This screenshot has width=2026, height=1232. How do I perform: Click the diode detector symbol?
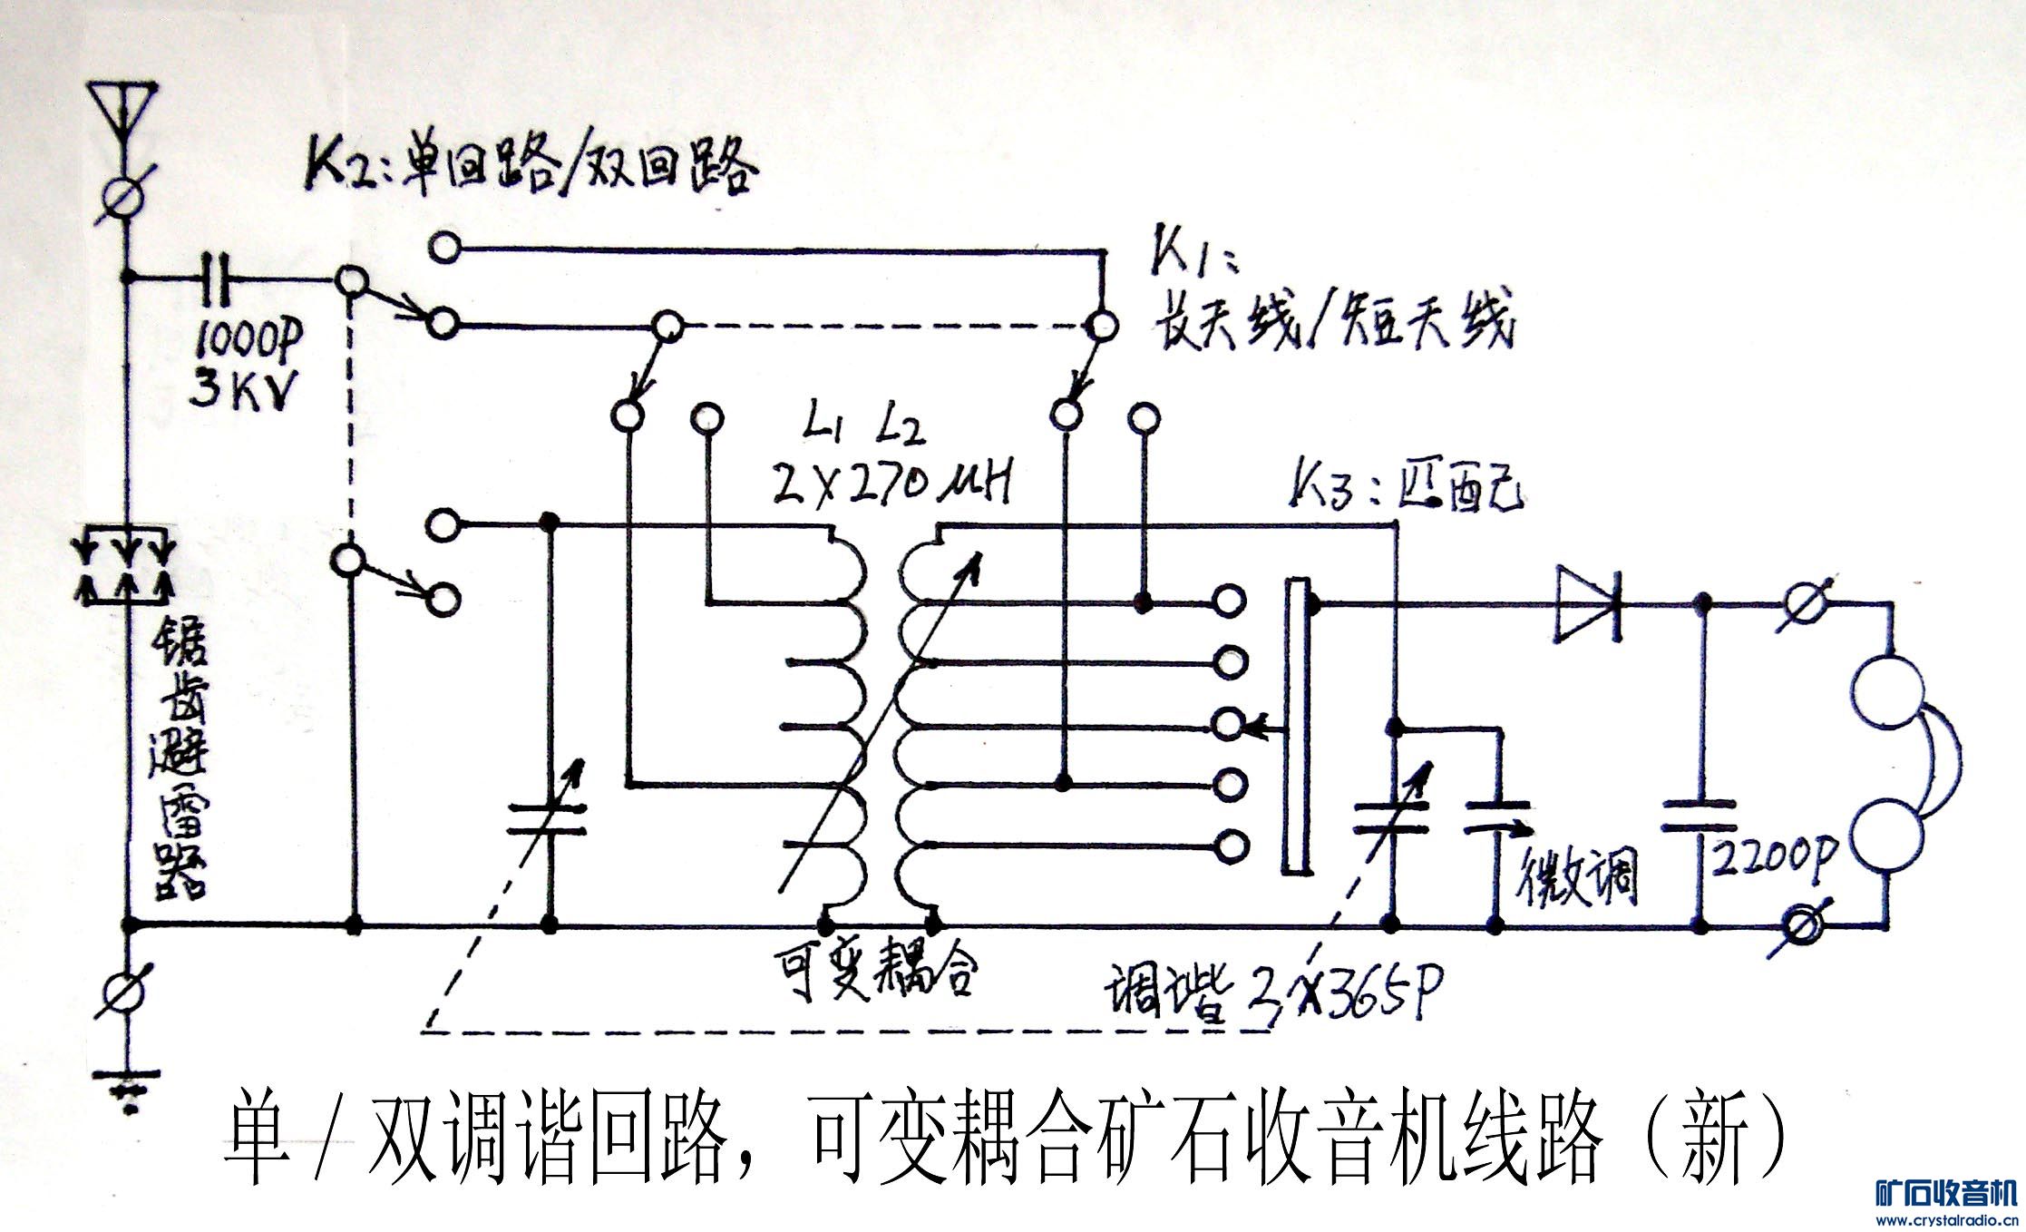(x=1588, y=602)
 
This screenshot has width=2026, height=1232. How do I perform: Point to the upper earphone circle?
(x=1889, y=692)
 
